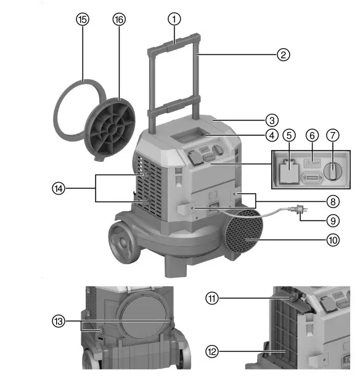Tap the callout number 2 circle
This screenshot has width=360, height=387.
[283, 54]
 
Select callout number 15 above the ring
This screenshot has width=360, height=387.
[82, 19]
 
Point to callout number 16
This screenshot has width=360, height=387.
[119, 19]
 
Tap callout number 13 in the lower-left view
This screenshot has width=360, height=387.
[58, 321]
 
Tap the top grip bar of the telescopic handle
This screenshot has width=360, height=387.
[174, 42]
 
